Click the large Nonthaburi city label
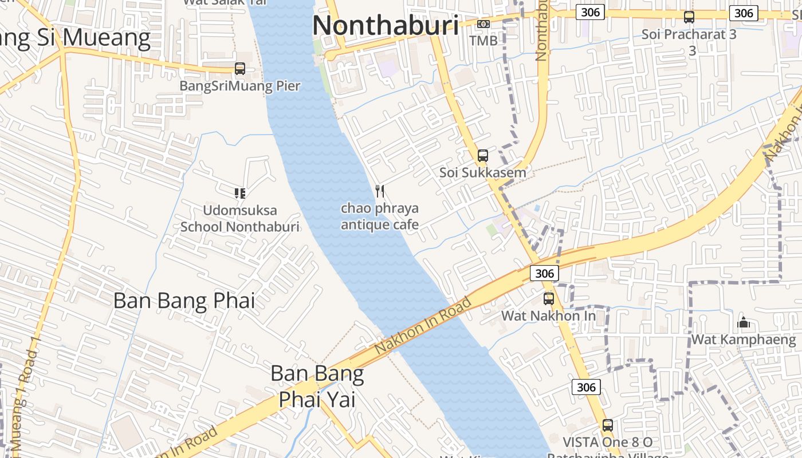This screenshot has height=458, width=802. tap(386, 26)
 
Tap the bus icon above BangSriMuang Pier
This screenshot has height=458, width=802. tap(240, 69)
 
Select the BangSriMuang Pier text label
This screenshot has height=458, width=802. tap(239, 86)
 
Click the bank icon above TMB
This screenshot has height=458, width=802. tap(483, 24)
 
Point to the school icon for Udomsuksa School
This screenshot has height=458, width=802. tap(240, 194)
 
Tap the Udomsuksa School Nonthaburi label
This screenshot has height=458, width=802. tap(240, 218)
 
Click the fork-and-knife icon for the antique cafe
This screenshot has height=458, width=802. tap(379, 191)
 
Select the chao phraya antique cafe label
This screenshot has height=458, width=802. tap(379, 216)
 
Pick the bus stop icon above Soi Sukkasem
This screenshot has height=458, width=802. tap(483, 156)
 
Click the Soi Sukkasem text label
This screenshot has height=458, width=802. tap(482, 172)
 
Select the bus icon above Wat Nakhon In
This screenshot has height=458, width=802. tap(549, 299)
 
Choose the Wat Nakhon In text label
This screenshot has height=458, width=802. tap(548, 315)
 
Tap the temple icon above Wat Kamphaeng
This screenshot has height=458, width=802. tap(744, 323)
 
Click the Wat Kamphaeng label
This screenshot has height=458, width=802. tap(744, 339)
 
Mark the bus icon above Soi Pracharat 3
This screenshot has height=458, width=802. tap(689, 17)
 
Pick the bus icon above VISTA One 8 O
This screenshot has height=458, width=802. tap(608, 425)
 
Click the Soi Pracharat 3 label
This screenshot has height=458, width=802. tap(689, 41)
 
